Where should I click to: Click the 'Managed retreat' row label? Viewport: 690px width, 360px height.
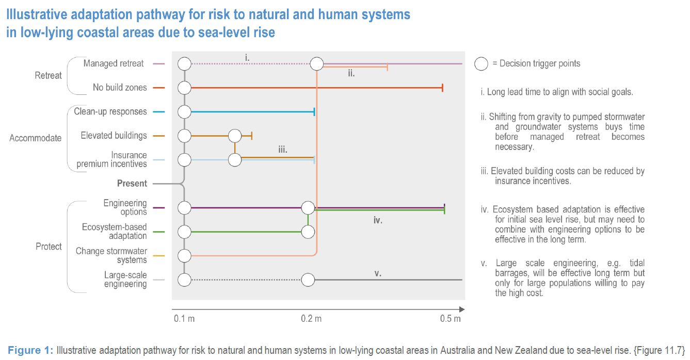click(114, 63)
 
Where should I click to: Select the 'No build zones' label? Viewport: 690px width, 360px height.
click(120, 88)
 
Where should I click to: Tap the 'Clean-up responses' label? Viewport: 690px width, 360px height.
click(110, 111)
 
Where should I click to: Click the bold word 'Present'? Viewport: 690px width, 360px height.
click(132, 184)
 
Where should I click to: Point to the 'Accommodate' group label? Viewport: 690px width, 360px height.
click(36, 138)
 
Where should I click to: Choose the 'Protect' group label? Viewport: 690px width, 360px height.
click(49, 247)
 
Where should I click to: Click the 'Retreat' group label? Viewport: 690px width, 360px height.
click(48, 75)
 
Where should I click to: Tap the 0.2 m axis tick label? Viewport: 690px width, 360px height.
click(311, 318)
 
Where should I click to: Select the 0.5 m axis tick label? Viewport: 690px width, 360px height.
click(451, 318)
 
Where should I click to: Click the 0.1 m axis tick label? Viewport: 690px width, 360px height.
click(184, 318)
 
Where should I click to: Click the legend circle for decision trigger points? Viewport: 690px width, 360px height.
click(481, 64)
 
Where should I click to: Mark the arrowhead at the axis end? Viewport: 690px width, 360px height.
click(462, 309)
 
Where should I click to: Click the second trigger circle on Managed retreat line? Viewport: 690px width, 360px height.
click(317, 64)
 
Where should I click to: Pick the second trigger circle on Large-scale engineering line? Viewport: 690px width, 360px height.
click(308, 280)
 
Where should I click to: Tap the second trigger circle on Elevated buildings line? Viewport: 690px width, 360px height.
click(235, 136)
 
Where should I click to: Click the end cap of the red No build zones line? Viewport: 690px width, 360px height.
click(442, 88)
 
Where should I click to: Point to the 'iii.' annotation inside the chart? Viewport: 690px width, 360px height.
click(283, 150)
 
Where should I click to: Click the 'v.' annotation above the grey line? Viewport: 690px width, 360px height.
click(378, 273)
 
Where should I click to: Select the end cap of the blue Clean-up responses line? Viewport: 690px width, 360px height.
click(314, 112)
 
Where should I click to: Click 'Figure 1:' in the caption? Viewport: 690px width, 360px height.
click(30, 350)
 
